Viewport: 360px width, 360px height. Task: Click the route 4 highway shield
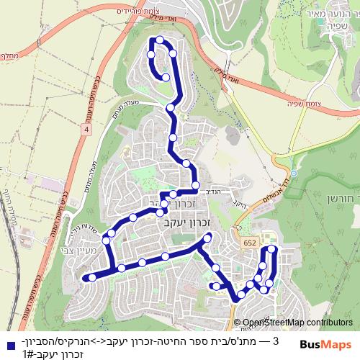click(x=86, y=129)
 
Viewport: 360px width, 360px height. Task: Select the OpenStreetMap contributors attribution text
click(x=297, y=323)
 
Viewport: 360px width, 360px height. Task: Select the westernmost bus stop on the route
click(x=84, y=277)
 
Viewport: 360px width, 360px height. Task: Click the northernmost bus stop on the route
click(x=161, y=40)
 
